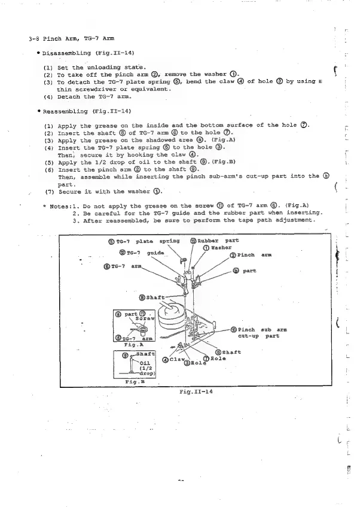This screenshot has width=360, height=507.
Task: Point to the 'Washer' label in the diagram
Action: (x=222, y=248)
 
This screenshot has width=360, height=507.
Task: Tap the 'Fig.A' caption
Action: (x=136, y=345)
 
